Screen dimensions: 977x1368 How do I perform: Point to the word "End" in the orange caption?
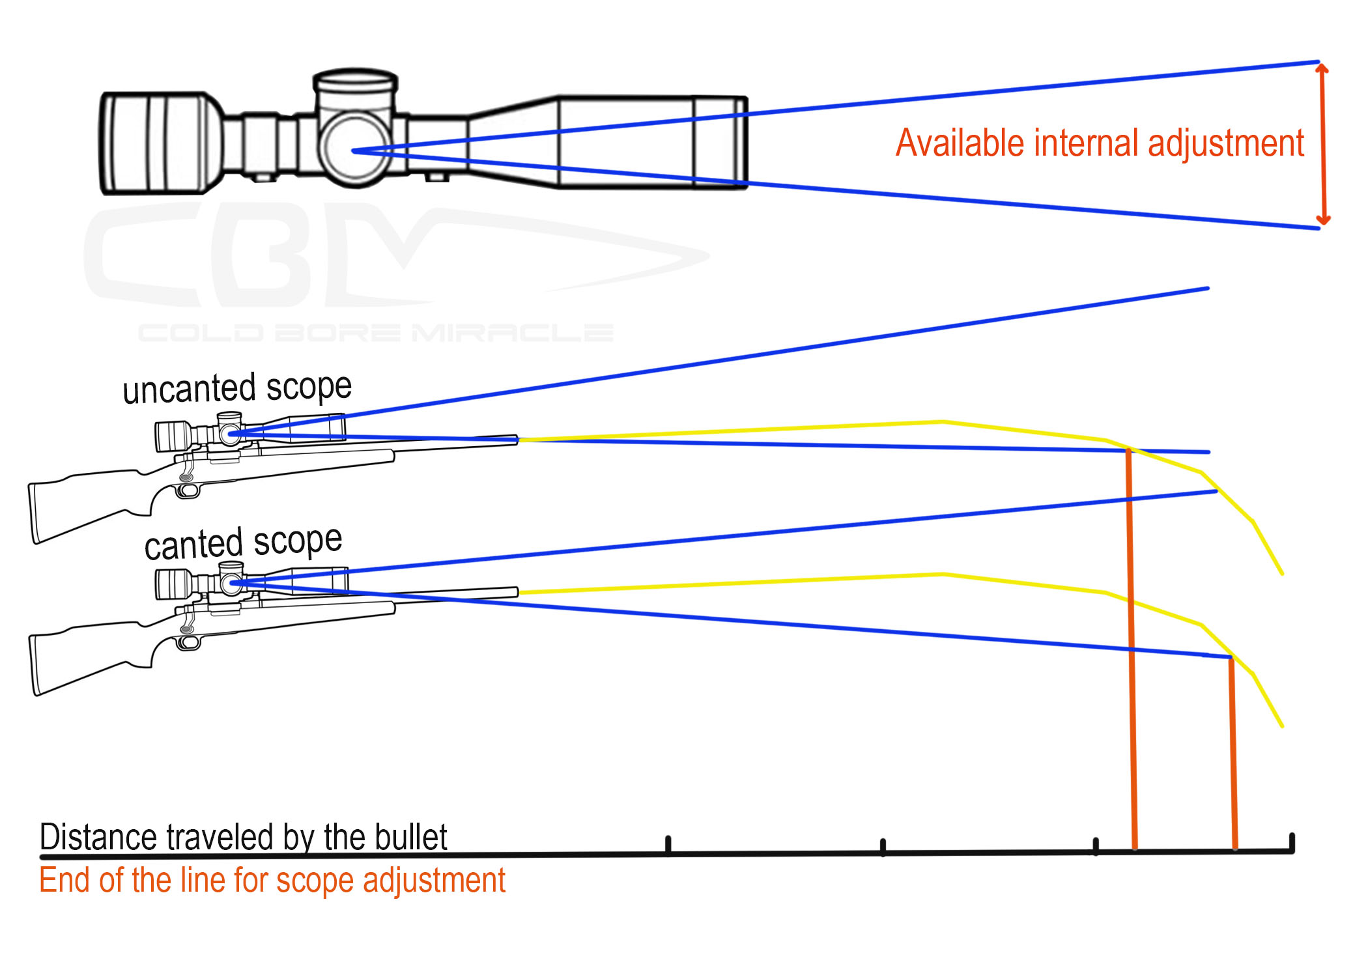click(x=64, y=881)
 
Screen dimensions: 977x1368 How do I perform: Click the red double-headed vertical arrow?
click(x=1322, y=143)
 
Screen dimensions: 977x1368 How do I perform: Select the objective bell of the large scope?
click(x=651, y=142)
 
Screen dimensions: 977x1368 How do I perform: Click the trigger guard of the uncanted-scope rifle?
click(x=188, y=488)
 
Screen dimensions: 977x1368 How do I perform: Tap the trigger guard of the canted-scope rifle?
click(x=188, y=642)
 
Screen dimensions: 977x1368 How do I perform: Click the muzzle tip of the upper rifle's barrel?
click(x=516, y=440)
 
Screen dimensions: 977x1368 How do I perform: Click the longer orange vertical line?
click(x=1132, y=651)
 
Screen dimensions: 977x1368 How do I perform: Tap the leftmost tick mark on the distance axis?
click(x=668, y=844)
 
